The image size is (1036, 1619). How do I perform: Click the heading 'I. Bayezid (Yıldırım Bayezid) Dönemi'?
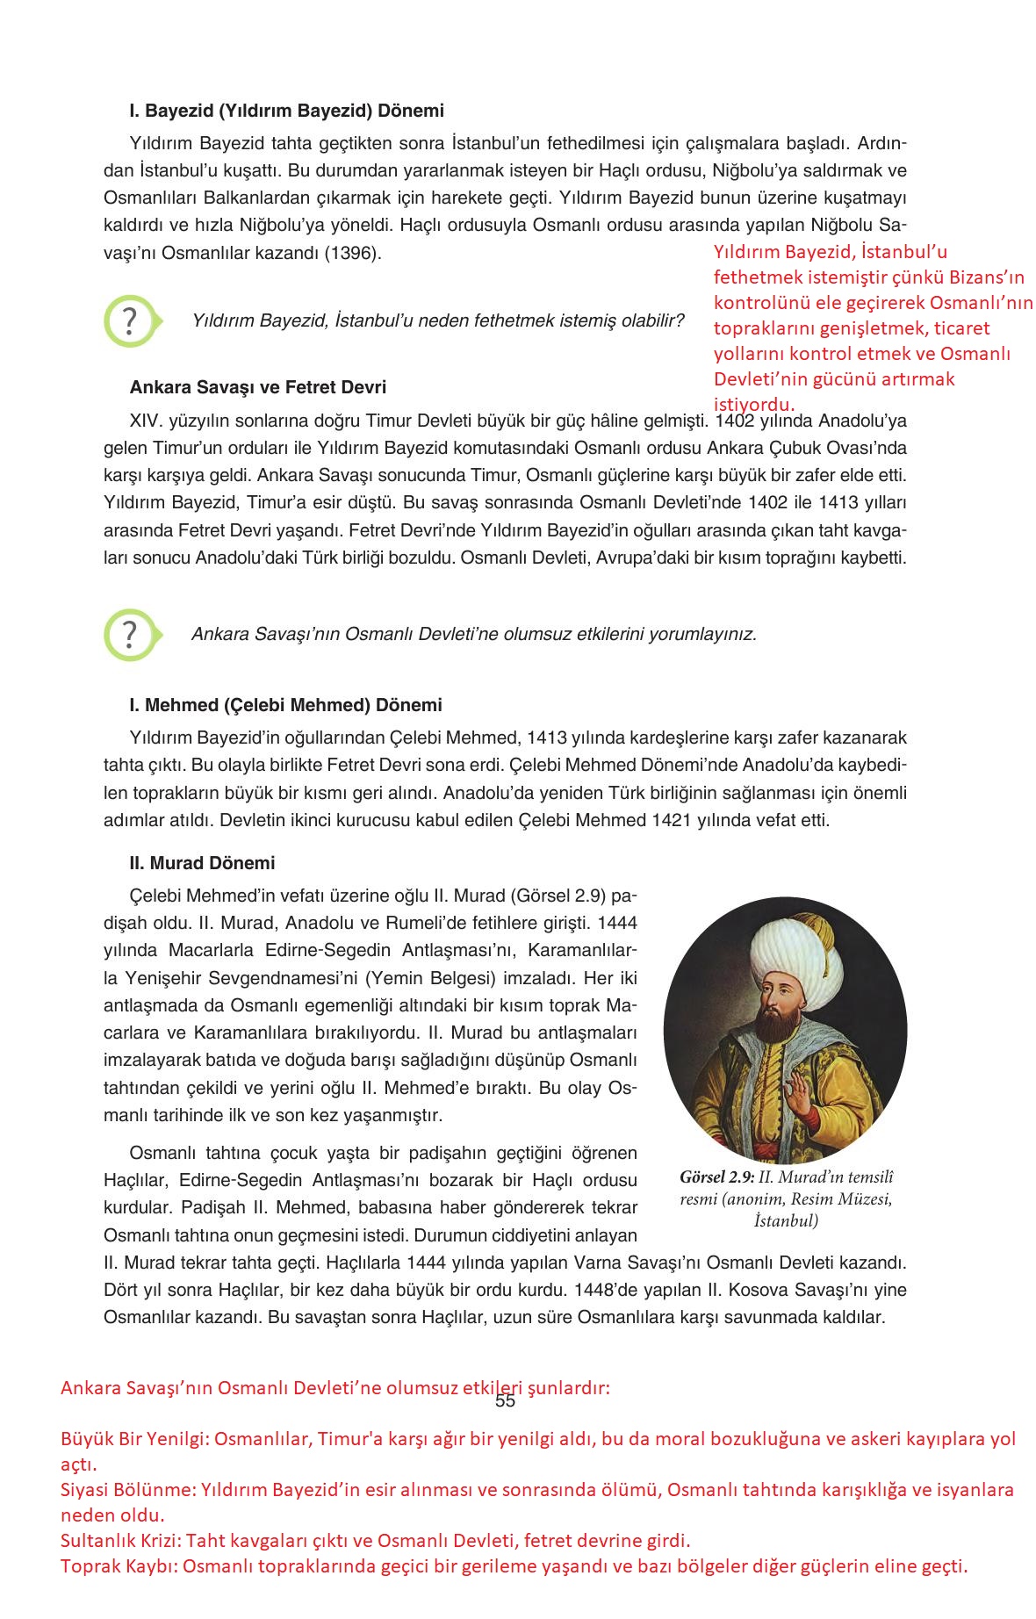coord(286,112)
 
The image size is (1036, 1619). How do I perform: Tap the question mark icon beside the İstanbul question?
coord(130,321)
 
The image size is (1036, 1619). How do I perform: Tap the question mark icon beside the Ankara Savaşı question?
coord(130,634)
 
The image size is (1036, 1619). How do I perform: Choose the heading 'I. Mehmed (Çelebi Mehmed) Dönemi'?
coord(285,705)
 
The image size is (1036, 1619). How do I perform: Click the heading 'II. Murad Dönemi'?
coord(202,863)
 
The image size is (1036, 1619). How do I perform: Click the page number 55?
coord(505,1400)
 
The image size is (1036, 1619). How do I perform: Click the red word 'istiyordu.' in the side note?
coord(753,405)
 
